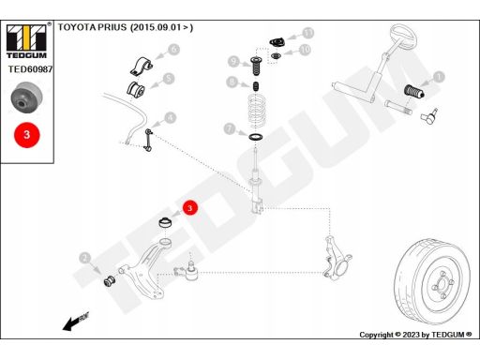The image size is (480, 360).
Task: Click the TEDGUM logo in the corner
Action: [x=26, y=41]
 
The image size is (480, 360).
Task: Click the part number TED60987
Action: [x=30, y=69]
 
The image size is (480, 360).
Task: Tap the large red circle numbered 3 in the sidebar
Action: [x=27, y=135]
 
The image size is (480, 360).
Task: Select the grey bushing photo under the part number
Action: [x=27, y=98]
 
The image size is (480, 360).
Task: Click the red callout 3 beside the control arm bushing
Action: [x=190, y=208]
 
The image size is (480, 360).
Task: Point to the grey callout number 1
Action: [x=439, y=77]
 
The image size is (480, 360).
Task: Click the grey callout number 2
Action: [x=84, y=258]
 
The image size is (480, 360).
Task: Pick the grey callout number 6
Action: [x=174, y=50]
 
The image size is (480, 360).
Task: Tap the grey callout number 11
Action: [x=308, y=33]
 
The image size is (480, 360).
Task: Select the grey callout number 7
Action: [x=230, y=128]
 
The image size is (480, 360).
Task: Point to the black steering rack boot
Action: [x=413, y=91]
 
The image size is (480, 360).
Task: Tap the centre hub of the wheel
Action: [x=442, y=285]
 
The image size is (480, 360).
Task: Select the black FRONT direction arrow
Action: [x=75, y=322]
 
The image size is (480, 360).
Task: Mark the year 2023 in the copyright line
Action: [x=411, y=335]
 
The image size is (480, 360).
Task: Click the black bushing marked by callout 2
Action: [x=110, y=280]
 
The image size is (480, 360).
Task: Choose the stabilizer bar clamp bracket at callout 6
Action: [x=142, y=66]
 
